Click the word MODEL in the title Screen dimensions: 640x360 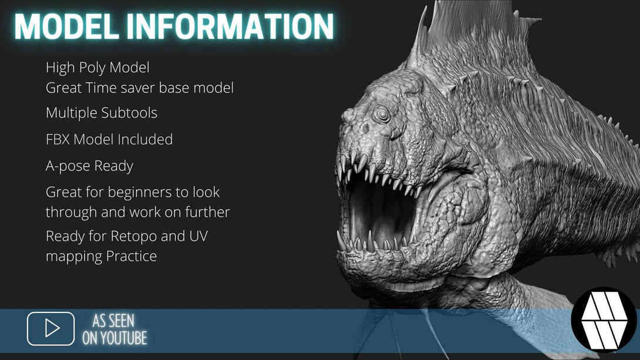click(67, 26)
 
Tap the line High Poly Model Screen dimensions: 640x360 click(97, 68)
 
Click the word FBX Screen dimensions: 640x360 click(58, 140)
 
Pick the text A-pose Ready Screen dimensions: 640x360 click(89, 166)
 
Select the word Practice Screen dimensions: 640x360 click(132, 256)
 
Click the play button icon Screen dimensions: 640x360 click(50, 328)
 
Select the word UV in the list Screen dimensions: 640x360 click(198, 236)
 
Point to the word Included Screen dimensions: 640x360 click(145, 140)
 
